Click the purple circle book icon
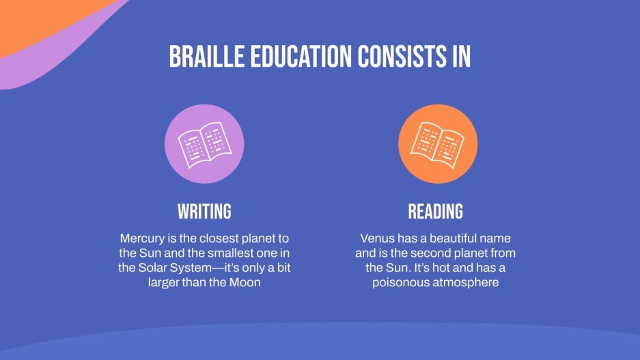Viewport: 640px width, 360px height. coord(204,144)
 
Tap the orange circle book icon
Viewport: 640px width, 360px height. coord(435,144)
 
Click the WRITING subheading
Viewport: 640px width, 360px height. coord(204,211)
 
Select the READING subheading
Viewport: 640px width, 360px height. coord(435,211)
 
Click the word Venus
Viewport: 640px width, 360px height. coord(377,239)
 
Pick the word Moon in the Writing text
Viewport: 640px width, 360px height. coord(245,282)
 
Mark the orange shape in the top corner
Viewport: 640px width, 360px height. coord(41,20)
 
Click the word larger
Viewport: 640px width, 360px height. coord(165,282)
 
